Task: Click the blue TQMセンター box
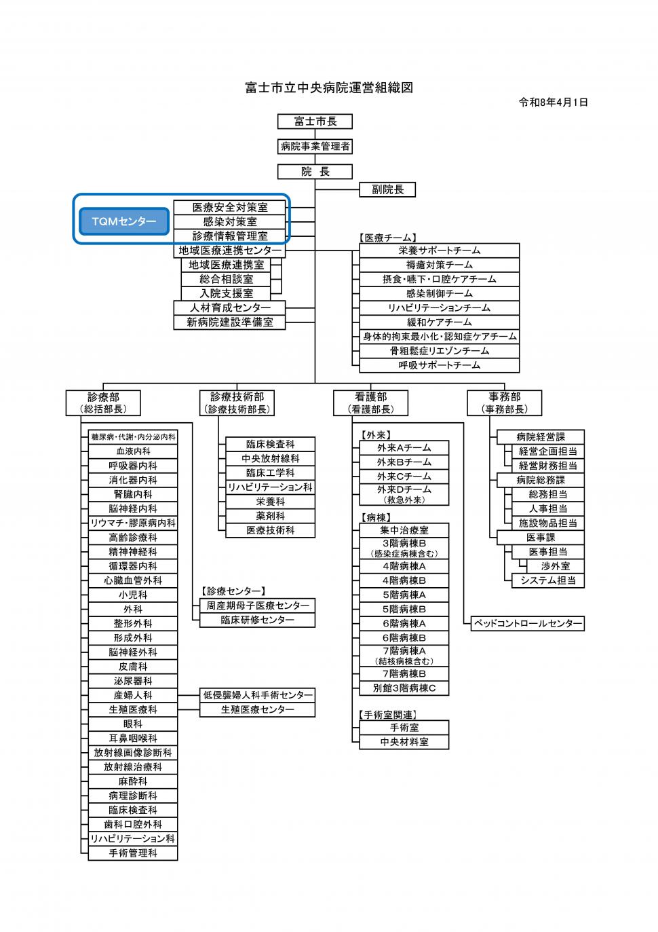[x=124, y=221]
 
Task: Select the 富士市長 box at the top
[x=315, y=122]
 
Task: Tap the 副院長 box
[x=387, y=190]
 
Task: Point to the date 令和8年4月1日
[x=553, y=102]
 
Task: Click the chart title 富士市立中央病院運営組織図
[x=329, y=88]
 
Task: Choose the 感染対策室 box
[x=229, y=222]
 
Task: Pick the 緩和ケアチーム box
[x=440, y=322]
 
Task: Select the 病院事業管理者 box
[x=315, y=147]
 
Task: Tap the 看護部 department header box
[x=371, y=403]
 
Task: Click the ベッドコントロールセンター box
[x=528, y=623]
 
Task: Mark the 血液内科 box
[x=133, y=451]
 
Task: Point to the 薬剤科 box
[x=270, y=516]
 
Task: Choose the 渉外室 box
[x=556, y=566]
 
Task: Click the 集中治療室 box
[x=404, y=530]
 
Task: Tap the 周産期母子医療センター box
[x=257, y=605]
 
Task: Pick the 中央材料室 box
[x=404, y=742]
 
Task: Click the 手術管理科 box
[x=133, y=853]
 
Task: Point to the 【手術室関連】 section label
[x=388, y=715]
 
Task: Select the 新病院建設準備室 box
[x=229, y=322]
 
